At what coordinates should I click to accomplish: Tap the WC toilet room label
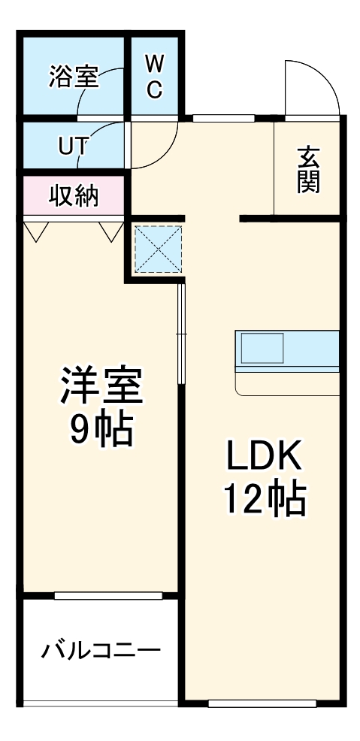153,76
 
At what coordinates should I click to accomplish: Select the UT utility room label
73,147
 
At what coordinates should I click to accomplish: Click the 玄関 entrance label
308,171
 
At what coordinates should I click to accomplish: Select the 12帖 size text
264,498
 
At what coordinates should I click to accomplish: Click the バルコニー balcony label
100,649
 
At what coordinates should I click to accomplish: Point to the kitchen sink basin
262,348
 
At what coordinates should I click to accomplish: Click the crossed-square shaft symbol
158,249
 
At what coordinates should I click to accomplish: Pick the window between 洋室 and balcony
108,596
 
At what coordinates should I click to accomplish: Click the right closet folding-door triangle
110,230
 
